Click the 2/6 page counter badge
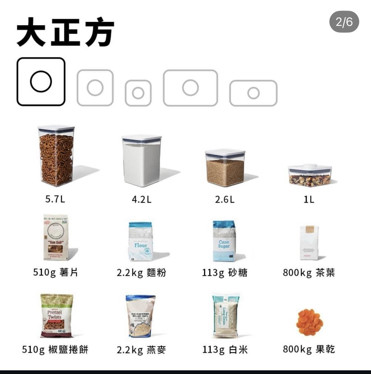click(344, 22)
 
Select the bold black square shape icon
click(41, 82)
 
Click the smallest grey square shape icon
click(138, 93)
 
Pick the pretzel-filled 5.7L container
click(56, 156)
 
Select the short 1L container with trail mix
click(309, 176)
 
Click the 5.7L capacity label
click(55, 199)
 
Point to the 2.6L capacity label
click(225, 199)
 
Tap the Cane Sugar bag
click(224, 241)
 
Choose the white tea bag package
click(309, 243)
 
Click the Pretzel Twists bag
click(56, 316)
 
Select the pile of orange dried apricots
click(309, 322)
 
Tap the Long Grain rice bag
click(225, 316)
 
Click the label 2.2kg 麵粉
click(141, 273)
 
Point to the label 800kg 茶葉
click(309, 273)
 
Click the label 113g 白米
click(225, 350)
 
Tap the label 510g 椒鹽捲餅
click(55, 350)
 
